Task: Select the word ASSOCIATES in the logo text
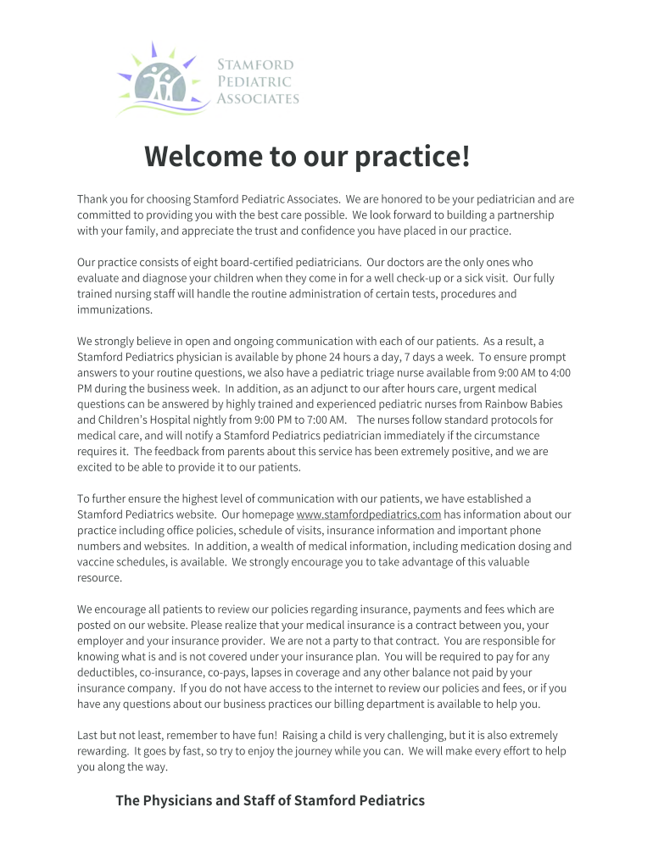click(x=258, y=98)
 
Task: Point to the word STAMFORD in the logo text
click(x=255, y=65)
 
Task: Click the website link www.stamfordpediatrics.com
click(x=369, y=515)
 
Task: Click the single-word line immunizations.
click(x=114, y=310)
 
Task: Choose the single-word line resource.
click(x=99, y=577)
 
